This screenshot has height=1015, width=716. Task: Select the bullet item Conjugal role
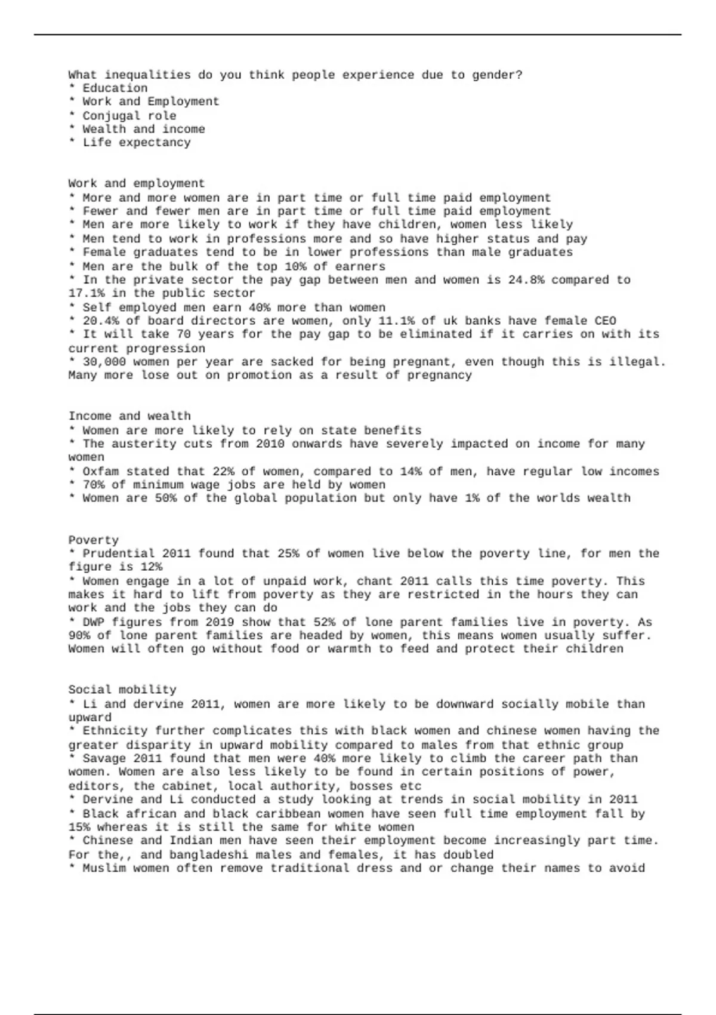pos(129,116)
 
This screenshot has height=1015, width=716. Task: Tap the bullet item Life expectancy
pos(137,143)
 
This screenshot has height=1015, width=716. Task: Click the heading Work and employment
pos(136,183)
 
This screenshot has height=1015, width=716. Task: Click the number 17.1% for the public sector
pos(87,293)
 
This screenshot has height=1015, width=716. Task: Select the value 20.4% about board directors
pos(101,321)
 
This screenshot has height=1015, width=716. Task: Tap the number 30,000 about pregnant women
pos(104,362)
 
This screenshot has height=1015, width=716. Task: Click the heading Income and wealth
pos(129,416)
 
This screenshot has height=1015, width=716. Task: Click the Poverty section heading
pos(93,540)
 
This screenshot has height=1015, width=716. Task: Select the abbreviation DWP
pos(93,622)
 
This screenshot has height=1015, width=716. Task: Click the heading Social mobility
pos(122,690)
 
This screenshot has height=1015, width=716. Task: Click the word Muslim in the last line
pos(104,868)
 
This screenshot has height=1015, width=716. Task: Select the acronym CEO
pos(605,321)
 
